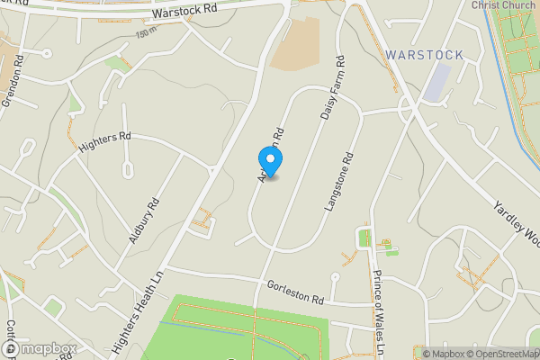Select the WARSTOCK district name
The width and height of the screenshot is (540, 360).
tap(424, 55)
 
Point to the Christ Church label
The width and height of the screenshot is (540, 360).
tap(503, 4)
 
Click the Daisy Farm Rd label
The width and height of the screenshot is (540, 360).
tap(333, 93)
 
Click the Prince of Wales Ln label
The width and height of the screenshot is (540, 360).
tap(379, 310)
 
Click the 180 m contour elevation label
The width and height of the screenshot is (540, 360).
tap(145, 34)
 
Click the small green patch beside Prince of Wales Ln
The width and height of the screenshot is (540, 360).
tap(364, 238)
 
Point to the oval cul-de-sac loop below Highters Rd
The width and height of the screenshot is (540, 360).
tap(127, 168)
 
